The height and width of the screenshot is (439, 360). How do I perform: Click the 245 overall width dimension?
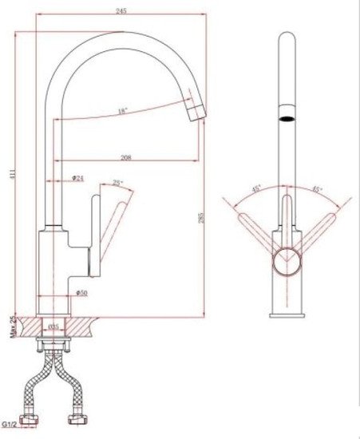click(121, 11)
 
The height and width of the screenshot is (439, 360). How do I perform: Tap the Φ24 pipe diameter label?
click(78, 177)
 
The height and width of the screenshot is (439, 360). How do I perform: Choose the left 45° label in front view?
click(257, 190)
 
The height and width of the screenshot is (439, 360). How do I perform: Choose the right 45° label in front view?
click(317, 190)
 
